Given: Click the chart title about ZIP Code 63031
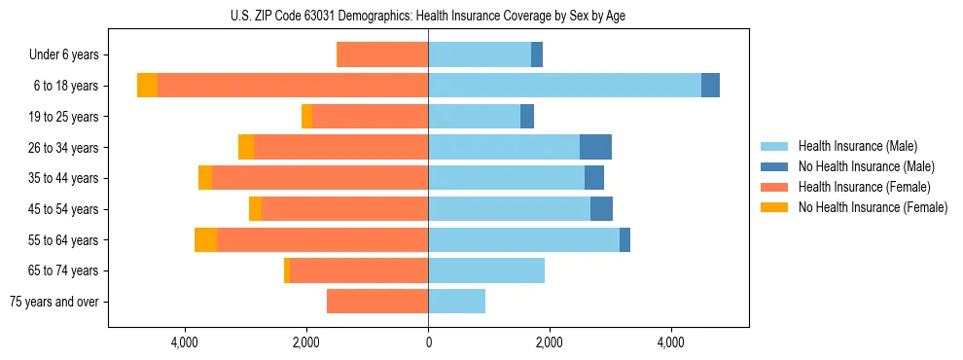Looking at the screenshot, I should (428, 15).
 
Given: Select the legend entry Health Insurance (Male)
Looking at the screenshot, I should (856, 146).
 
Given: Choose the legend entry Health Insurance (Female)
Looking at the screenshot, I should (864, 187).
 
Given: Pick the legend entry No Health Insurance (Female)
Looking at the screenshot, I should (872, 207).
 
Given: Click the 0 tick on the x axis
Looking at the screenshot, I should (428, 342).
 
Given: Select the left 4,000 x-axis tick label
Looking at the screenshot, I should (185, 342).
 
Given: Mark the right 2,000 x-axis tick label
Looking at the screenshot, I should (550, 342).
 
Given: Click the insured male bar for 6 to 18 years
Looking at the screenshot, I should (564, 86).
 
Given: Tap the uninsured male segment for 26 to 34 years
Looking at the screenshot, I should (595, 147).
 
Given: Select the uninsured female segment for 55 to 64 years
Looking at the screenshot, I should (205, 239).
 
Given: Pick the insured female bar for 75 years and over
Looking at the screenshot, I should (377, 302).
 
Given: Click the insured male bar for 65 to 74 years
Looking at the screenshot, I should (486, 270).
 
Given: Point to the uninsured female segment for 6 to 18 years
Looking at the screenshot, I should (147, 86).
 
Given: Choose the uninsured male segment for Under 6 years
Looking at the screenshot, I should (537, 54).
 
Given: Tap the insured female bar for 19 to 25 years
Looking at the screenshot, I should (371, 117).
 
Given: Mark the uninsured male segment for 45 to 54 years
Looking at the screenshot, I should (601, 209).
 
